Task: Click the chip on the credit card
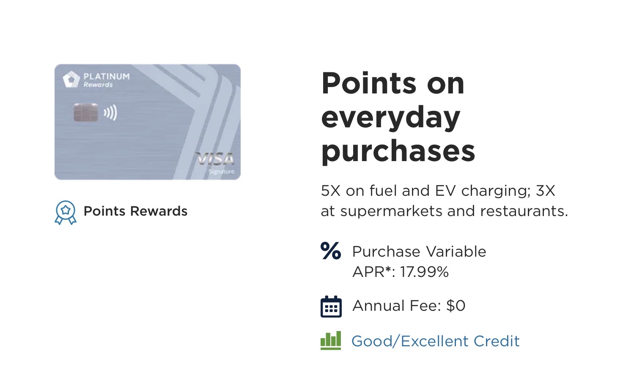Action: click(x=86, y=112)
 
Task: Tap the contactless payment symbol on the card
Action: click(x=110, y=112)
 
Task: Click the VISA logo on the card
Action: click(x=215, y=159)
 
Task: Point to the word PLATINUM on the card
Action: click(x=107, y=77)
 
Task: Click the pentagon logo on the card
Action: click(x=71, y=79)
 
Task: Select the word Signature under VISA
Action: click(x=221, y=172)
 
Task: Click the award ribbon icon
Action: click(x=66, y=213)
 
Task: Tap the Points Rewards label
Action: click(x=136, y=211)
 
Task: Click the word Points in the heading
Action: click(x=368, y=83)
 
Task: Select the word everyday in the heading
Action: click(x=390, y=118)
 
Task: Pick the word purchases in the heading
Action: click(x=398, y=151)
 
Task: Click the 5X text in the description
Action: click(x=331, y=191)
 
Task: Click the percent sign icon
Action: click(x=331, y=251)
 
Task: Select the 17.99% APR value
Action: click(x=424, y=272)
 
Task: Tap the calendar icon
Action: click(x=331, y=307)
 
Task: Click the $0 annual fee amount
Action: click(x=456, y=306)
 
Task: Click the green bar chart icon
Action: click(x=331, y=341)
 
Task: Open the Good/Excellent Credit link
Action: click(x=435, y=341)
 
